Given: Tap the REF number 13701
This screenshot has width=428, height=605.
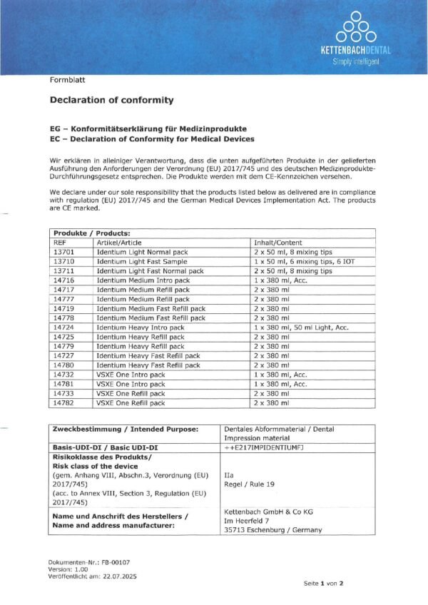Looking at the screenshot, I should coord(65,252).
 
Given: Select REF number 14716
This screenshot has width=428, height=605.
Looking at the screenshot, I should coord(65,280).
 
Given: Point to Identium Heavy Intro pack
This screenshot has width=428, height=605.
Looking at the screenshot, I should coord(140,327).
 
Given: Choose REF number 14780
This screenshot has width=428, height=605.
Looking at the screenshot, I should coord(65,365).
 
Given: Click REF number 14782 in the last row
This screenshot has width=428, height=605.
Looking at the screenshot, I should coord(65,403).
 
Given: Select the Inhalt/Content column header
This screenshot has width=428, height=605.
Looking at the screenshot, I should coord(277,243).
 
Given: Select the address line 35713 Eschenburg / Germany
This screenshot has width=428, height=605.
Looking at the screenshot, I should coord(272,530).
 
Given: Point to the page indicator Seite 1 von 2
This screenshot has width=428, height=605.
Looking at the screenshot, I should coord(323,583).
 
